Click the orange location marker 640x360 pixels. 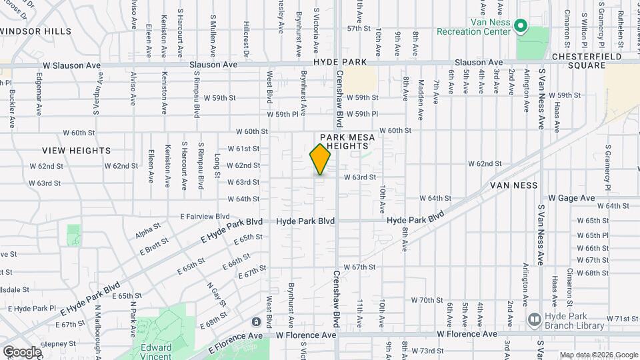(x=320, y=159)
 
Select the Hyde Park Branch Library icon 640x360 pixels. (x=533, y=321)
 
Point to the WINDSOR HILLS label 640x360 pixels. (x=35, y=31)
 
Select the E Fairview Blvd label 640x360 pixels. (x=205, y=216)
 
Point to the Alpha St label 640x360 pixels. (x=143, y=233)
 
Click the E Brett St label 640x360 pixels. (x=154, y=247)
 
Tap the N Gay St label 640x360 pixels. (x=213, y=294)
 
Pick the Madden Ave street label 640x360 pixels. (x=421, y=100)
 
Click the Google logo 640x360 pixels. (x=22, y=351)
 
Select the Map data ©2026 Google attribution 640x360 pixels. (x=599, y=355)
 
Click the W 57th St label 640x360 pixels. (x=358, y=29)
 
